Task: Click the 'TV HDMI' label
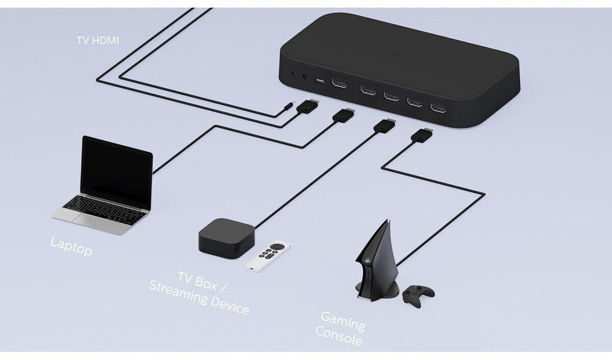click(97, 40)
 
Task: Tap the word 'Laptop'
click(71, 246)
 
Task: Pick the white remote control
click(269, 255)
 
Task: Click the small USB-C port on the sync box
click(320, 82)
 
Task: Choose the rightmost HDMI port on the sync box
click(438, 108)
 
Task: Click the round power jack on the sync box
click(305, 78)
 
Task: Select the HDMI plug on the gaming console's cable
click(421, 135)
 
